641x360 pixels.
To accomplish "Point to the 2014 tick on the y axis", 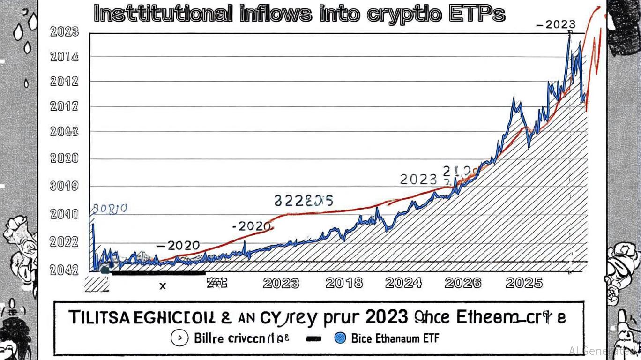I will (x=64, y=57).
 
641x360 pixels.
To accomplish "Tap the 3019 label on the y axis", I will (x=64, y=187).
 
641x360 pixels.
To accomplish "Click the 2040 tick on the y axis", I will (x=64, y=215).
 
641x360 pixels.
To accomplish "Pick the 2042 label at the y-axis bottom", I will (x=64, y=270).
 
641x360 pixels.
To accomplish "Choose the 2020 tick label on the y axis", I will (x=64, y=158).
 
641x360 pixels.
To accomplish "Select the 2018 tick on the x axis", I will (x=344, y=283).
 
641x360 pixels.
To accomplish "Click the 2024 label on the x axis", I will (x=403, y=283).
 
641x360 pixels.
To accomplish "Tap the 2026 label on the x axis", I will (x=462, y=283).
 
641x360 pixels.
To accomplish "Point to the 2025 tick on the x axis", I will (x=524, y=283).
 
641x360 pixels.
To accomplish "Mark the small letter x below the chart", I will (x=163, y=285).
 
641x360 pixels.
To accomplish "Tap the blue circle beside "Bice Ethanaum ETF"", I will (x=341, y=337).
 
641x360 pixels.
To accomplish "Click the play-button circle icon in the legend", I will (x=179, y=337).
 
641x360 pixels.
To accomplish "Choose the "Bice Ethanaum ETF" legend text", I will (x=395, y=337).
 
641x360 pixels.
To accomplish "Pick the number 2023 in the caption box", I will (x=386, y=317).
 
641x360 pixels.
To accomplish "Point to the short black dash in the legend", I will (x=313, y=338).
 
